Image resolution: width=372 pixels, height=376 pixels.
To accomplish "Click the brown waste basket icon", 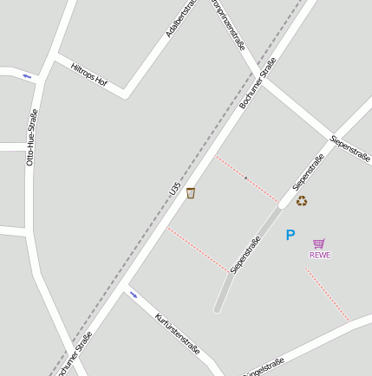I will pyautogui.click(x=191, y=192).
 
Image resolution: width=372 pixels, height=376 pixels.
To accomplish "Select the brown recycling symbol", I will pyautogui.click(x=302, y=200).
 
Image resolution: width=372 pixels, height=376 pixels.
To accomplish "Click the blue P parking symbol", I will pyautogui.click(x=290, y=235).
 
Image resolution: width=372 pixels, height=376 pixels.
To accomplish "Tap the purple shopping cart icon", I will pyautogui.click(x=319, y=243).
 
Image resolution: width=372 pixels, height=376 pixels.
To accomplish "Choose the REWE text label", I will pyautogui.click(x=320, y=255).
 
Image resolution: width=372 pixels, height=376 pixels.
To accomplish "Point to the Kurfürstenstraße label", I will pyautogui.click(x=177, y=334).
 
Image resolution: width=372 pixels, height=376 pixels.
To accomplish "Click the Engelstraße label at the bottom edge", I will pyautogui.click(x=264, y=367).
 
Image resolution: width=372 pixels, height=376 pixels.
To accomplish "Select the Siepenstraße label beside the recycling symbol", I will pyautogui.click(x=308, y=172).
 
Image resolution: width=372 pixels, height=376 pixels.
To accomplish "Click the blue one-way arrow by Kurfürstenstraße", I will pyautogui.click(x=134, y=295).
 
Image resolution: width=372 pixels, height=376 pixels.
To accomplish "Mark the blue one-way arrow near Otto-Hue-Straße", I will pyautogui.click(x=27, y=76).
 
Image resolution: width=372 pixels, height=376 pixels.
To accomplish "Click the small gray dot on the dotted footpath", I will pyautogui.click(x=245, y=178).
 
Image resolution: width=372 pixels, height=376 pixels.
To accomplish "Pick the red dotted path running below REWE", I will pyautogui.click(x=327, y=295).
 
